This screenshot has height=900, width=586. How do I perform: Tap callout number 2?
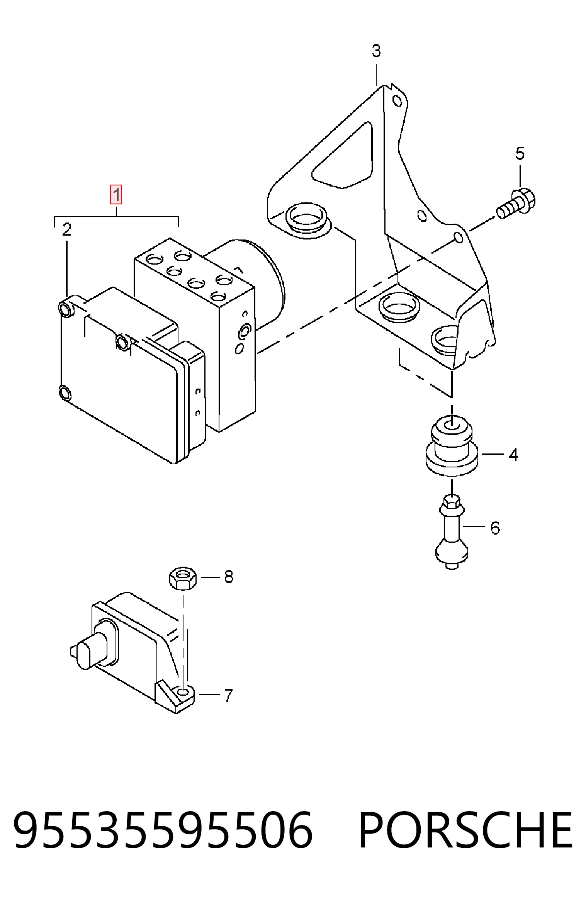(67, 230)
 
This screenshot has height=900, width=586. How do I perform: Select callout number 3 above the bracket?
(376, 51)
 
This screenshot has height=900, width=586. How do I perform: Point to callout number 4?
(513, 455)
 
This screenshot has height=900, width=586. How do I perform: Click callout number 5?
(520, 154)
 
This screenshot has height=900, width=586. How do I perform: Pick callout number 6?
(495, 528)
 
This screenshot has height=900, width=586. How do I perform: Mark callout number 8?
(229, 577)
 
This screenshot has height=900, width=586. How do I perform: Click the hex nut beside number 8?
(183, 578)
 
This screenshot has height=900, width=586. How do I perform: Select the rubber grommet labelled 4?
(452, 446)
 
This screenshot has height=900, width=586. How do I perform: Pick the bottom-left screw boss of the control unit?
(65, 393)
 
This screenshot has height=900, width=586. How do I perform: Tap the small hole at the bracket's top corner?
(397, 101)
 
